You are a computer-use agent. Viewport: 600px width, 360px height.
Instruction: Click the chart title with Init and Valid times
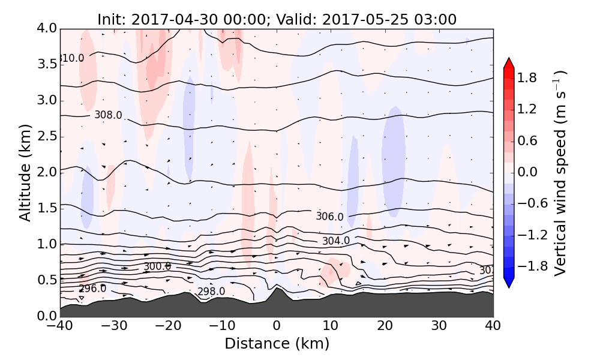(x=277, y=19)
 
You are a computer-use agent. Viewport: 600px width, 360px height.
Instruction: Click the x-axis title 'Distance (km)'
(x=277, y=344)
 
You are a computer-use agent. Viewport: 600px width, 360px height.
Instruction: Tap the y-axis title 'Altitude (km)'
(x=25, y=172)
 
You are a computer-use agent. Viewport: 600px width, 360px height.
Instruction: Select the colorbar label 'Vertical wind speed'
(x=560, y=172)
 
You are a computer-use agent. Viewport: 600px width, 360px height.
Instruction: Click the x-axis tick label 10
(x=331, y=326)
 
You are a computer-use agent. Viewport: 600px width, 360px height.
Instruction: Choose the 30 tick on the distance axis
(x=439, y=326)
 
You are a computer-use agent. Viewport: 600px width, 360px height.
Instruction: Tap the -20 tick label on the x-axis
(x=168, y=326)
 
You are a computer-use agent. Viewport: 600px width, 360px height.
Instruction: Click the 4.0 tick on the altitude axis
(x=45, y=28)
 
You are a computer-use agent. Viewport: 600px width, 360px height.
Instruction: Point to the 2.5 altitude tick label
(x=45, y=136)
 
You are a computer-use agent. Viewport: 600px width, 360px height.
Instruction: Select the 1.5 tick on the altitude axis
(x=45, y=208)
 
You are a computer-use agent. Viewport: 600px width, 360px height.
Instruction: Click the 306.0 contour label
(x=329, y=217)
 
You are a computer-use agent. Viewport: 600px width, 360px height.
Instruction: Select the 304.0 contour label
(x=335, y=241)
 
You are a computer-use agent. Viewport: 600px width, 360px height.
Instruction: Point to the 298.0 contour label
(x=211, y=292)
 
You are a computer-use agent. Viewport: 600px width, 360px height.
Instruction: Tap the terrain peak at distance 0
(x=277, y=289)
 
